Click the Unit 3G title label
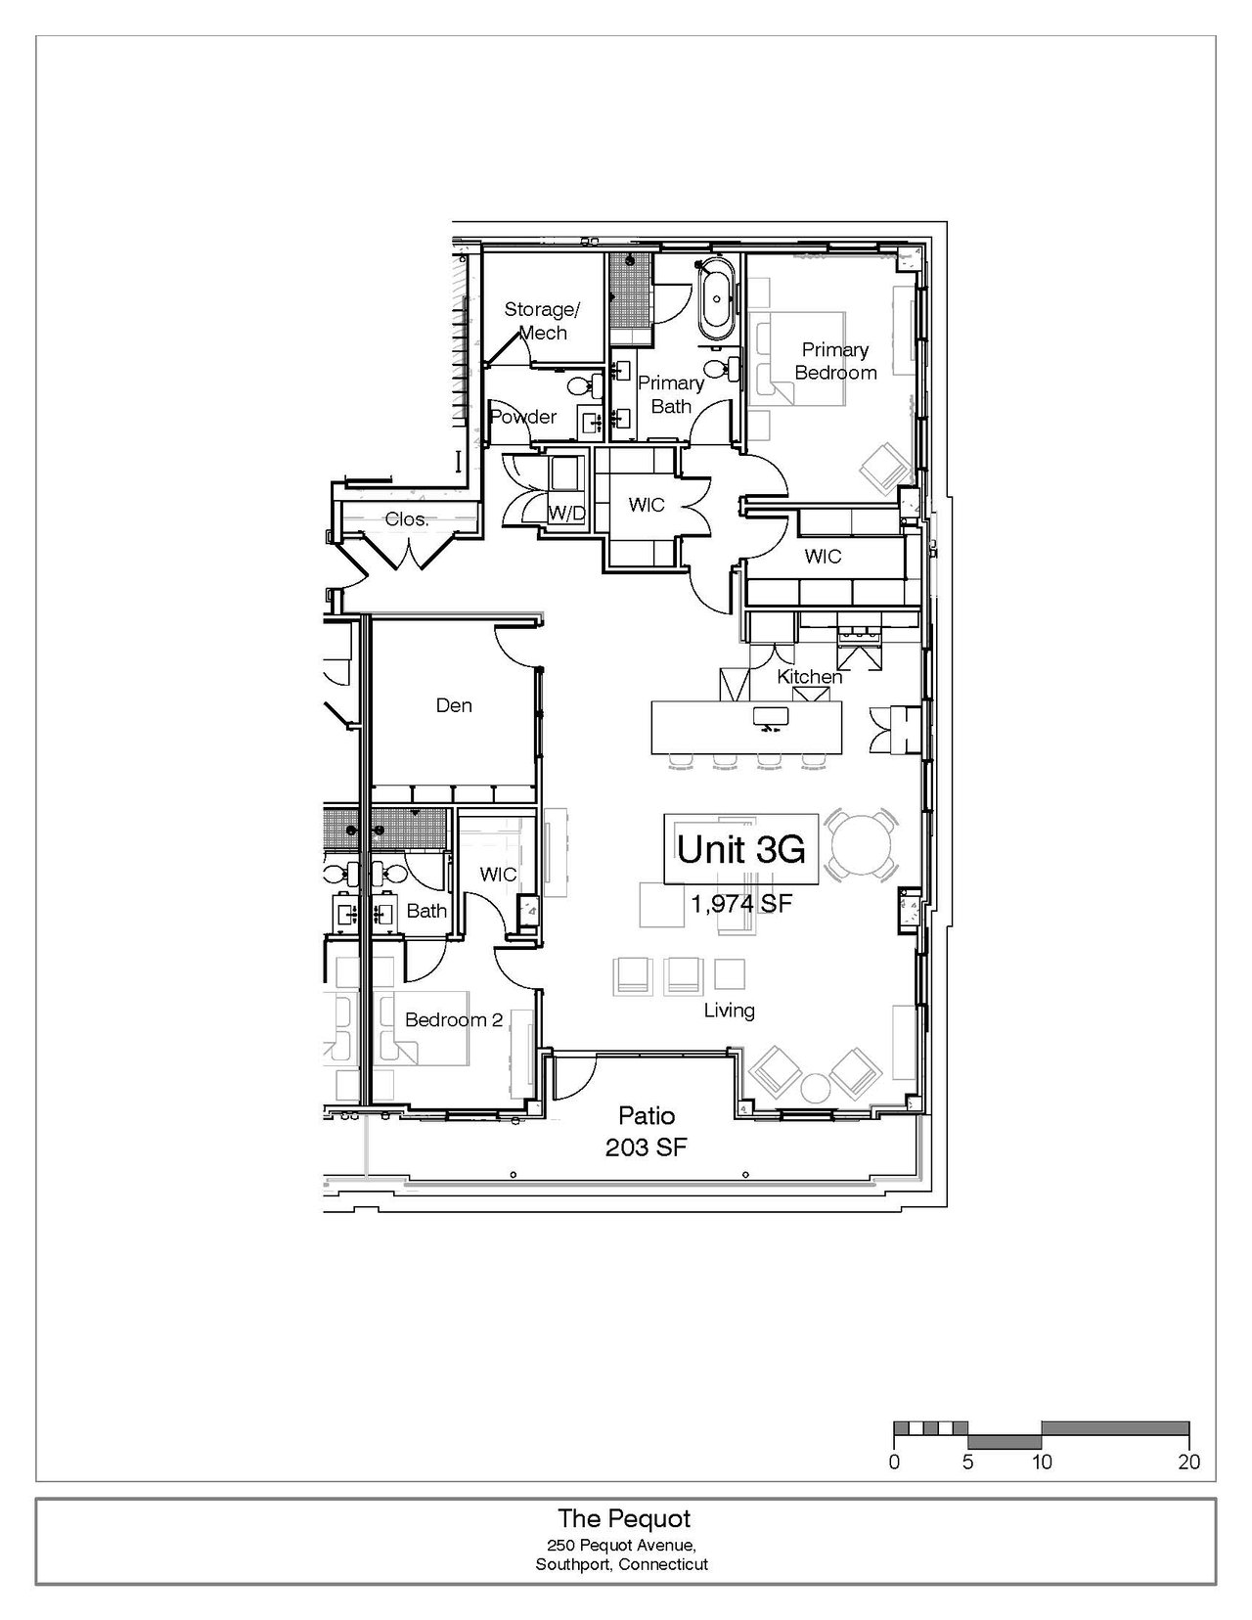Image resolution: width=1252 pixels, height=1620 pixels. pos(740,849)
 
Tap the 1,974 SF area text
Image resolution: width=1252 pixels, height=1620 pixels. pos(740,904)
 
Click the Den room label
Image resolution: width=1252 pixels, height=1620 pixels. pos(454,705)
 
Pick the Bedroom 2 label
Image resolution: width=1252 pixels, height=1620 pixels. pos(454,1019)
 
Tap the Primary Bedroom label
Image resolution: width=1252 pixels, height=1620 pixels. pos(835,361)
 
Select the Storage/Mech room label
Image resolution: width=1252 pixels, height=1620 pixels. pos(542,321)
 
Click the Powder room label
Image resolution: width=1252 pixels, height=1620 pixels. pos(523,417)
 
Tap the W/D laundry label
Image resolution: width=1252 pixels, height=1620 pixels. pos(566,514)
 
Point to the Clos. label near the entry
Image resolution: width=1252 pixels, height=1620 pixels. pos(407,518)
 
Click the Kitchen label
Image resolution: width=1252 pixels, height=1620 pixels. pos(809,676)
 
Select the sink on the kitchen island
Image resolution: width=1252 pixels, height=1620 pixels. pos(771,717)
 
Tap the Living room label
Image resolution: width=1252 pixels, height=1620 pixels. pos(729,1011)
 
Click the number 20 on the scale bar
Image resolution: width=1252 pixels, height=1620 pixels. pos(1189,1462)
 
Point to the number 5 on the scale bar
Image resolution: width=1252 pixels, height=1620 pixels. pos(967,1462)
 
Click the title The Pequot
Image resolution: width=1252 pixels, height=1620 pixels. pos(624,1518)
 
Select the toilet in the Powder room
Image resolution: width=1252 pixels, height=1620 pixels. pos(579,385)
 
